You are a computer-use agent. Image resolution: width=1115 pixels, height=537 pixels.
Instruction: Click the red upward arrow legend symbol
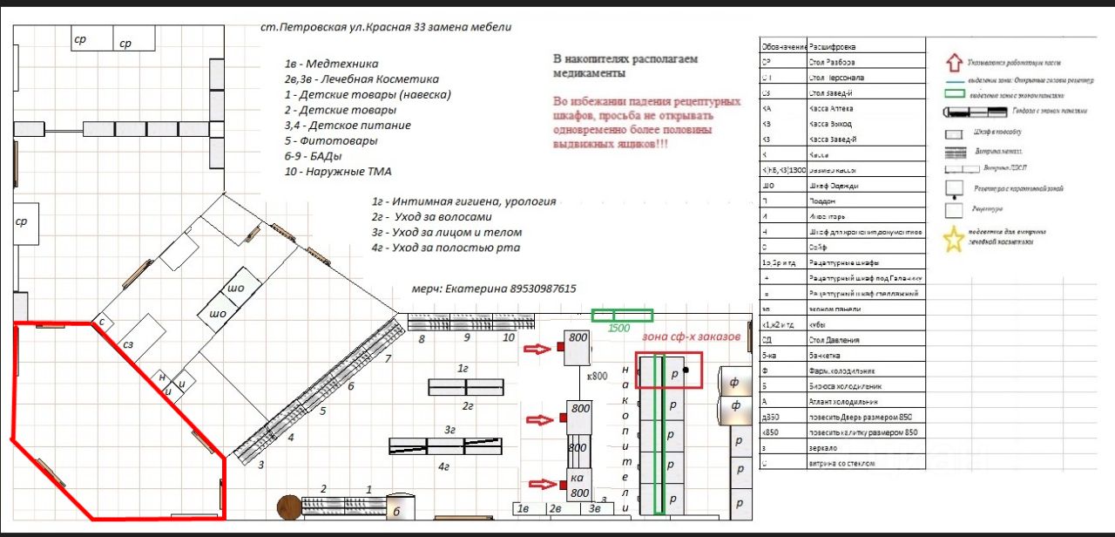(x=955, y=63)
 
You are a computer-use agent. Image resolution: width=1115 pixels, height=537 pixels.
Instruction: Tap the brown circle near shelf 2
(x=288, y=506)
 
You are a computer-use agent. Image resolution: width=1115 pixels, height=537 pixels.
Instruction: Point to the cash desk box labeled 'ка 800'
(x=579, y=485)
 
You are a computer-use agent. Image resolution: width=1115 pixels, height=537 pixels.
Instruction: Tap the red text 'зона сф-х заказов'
(x=691, y=336)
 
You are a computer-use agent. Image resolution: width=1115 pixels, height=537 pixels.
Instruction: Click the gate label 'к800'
(x=597, y=376)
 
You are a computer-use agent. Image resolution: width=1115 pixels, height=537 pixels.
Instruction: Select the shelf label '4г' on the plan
(x=443, y=466)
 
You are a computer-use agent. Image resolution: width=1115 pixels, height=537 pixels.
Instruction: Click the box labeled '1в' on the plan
(x=524, y=508)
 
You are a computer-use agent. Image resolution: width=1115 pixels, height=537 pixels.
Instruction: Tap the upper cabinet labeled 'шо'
(x=236, y=289)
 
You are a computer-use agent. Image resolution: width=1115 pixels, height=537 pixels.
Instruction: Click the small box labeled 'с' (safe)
(x=101, y=322)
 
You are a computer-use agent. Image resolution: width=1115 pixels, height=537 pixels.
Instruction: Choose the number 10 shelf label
(x=510, y=337)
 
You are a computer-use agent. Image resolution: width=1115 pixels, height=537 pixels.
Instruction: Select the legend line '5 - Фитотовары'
(x=331, y=140)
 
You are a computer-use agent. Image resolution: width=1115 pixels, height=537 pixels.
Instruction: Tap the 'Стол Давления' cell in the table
(x=836, y=340)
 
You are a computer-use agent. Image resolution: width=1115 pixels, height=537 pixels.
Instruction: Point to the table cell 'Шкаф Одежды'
(x=835, y=186)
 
